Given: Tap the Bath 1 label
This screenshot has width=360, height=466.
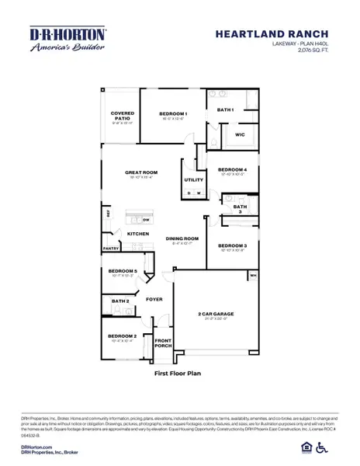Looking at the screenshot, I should click(x=225, y=110).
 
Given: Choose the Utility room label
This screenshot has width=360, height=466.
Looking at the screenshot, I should click(x=193, y=180).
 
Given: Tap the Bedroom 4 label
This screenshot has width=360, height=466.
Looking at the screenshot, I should click(x=232, y=169).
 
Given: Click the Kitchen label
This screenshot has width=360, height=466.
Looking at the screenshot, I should click(x=137, y=233).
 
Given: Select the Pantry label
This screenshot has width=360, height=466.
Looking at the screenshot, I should click(x=110, y=249).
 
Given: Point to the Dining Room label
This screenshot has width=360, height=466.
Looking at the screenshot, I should click(x=182, y=238).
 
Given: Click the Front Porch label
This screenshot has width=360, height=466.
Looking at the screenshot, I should click(x=163, y=343).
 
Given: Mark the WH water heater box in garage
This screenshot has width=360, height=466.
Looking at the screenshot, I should click(x=253, y=275).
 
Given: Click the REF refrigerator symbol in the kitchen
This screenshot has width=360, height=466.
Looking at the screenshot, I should click(x=107, y=212).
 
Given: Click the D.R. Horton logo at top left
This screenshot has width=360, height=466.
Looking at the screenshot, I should click(x=67, y=39).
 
